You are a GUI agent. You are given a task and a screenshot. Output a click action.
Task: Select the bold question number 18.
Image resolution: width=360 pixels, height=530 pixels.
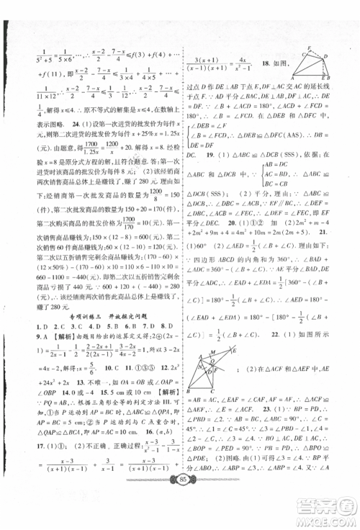click(262, 64)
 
